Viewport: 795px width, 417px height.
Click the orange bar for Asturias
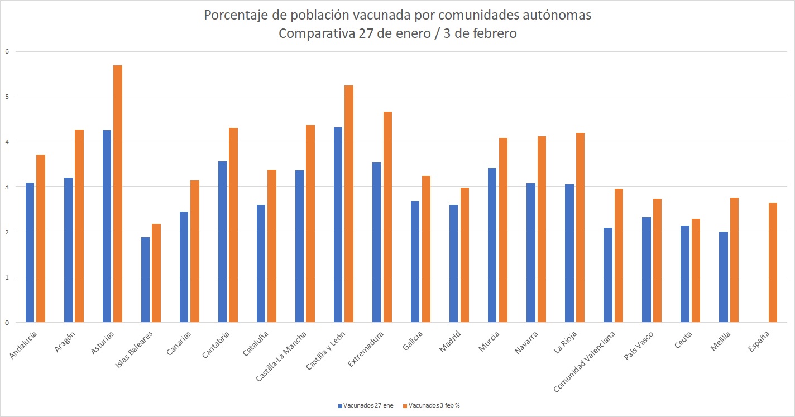118,194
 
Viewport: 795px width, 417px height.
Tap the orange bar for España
773,262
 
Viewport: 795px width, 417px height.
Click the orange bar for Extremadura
387,217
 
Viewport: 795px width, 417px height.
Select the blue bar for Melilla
723,277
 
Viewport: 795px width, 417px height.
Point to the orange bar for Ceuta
696,271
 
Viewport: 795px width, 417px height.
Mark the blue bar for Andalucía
30,252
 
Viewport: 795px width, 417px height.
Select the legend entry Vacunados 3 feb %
434,405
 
